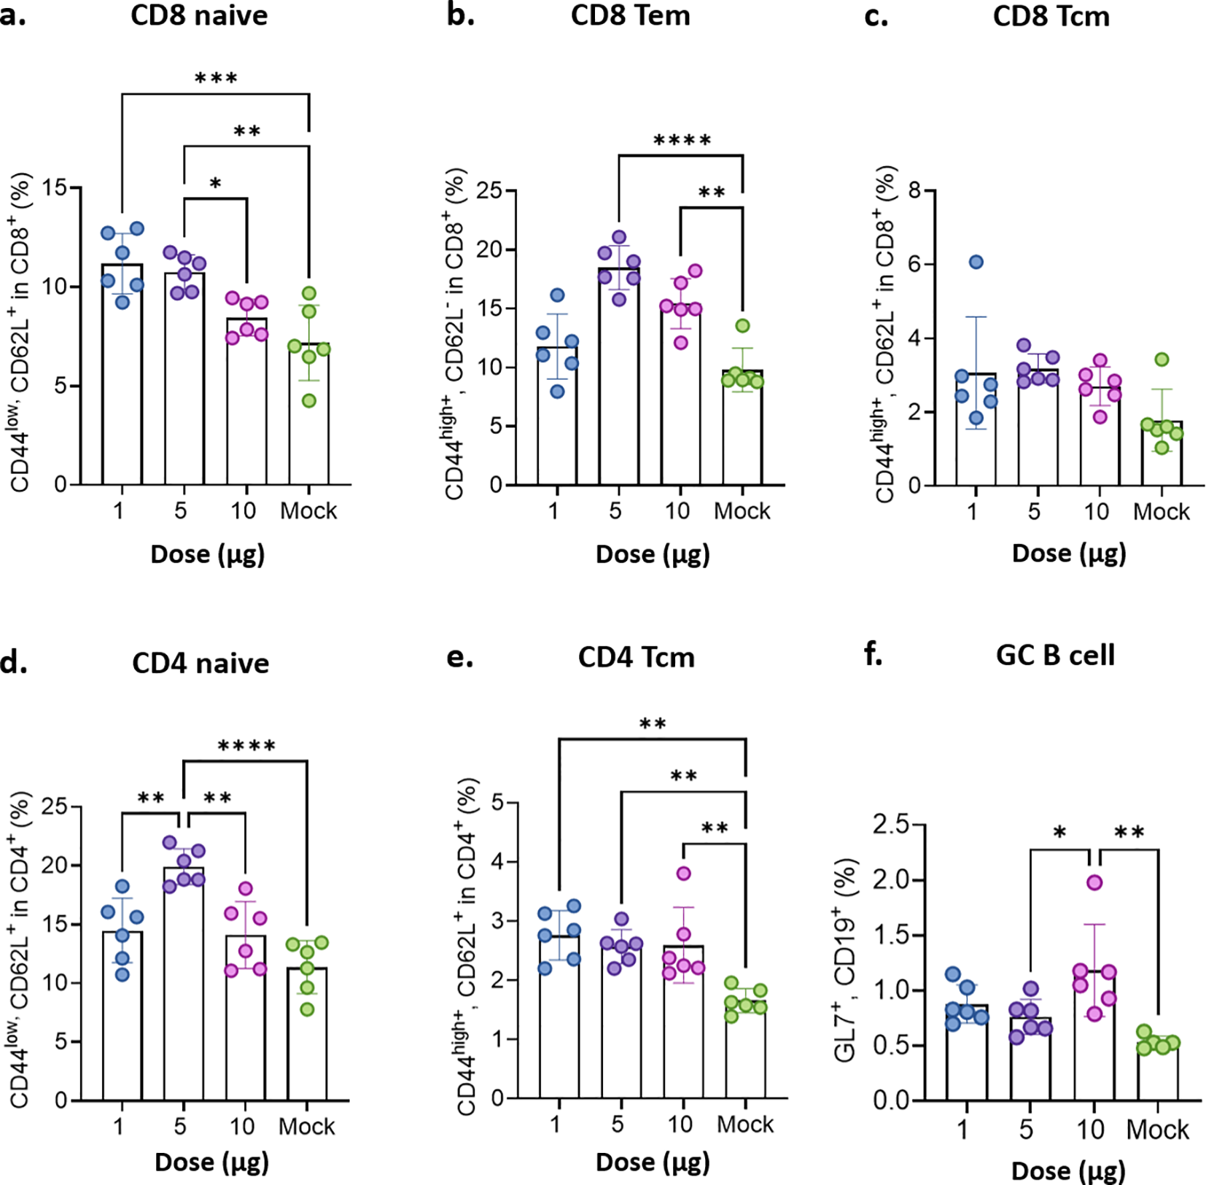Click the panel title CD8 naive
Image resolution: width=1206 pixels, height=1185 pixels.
(x=199, y=15)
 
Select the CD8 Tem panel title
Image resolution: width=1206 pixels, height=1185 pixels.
(x=630, y=15)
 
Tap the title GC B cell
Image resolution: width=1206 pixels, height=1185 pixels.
(x=1055, y=655)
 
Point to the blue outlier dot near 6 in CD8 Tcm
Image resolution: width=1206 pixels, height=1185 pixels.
(x=976, y=262)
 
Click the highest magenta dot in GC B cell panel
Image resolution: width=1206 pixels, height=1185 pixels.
(x=1094, y=882)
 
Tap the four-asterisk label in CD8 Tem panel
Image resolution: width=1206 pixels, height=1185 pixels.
(x=682, y=141)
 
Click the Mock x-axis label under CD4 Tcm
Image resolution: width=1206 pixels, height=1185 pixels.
(x=744, y=1124)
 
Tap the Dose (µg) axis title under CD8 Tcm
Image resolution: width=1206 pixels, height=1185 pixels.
(x=1069, y=553)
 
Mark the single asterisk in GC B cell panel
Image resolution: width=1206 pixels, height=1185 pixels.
(x=1060, y=833)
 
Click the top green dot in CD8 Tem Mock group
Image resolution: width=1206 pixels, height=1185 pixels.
(x=742, y=326)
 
